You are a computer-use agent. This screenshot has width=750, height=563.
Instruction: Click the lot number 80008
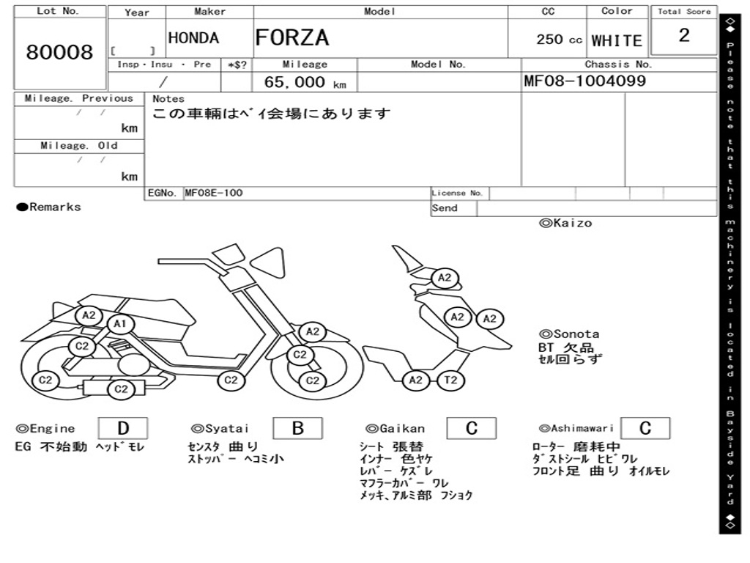[x=59, y=52]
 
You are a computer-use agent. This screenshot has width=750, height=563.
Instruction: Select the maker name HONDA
[x=193, y=38]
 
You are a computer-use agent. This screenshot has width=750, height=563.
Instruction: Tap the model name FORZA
[x=292, y=38]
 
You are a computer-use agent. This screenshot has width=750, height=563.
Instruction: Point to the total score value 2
[x=684, y=35]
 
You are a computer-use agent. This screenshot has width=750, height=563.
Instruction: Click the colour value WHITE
[x=617, y=41]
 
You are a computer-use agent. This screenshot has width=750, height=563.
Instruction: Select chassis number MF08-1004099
[x=584, y=81]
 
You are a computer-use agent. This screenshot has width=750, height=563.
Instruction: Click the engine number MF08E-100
[x=214, y=193]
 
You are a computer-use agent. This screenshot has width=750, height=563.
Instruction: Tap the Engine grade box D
[x=123, y=428]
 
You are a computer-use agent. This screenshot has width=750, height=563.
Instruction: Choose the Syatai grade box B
[x=297, y=428]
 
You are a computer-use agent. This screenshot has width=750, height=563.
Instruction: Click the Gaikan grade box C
[x=472, y=428]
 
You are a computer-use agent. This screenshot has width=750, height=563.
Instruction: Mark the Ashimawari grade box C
[x=645, y=428]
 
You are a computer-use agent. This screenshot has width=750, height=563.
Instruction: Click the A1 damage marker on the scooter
[x=120, y=324]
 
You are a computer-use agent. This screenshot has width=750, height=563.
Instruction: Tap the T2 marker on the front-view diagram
[x=450, y=380]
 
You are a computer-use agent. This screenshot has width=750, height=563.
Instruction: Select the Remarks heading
[x=49, y=207]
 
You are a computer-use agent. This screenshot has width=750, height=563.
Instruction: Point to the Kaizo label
[x=565, y=223]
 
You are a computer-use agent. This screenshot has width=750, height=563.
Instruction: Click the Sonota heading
[x=569, y=334]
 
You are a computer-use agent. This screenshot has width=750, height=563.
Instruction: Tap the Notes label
[x=168, y=99]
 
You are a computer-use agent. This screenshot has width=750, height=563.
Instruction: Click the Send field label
[x=445, y=207]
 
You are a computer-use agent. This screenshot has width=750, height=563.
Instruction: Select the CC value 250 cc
[x=559, y=40]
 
